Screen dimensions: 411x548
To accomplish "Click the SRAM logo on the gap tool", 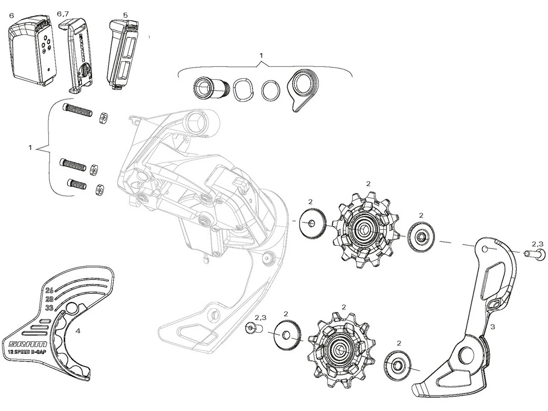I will [x=27, y=344].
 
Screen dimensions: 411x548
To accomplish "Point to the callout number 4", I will [x=78, y=331].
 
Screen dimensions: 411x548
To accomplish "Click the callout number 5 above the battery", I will [x=125, y=15].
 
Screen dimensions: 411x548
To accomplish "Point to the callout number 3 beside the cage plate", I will [x=492, y=327].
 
